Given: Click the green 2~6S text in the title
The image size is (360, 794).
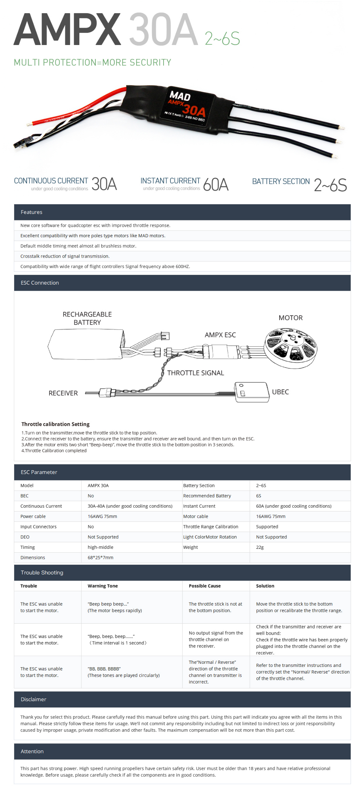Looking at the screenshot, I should point(222,38).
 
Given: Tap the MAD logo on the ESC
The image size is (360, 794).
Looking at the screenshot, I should point(180,96).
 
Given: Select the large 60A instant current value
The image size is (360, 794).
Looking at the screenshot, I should point(216,184).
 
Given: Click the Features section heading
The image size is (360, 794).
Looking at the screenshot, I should point(32,212).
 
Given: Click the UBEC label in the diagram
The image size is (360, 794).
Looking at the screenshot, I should point(280,392).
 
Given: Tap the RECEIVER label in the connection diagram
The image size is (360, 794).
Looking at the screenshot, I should point(63,393).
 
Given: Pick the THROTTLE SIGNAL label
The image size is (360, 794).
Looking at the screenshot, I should point(195,373).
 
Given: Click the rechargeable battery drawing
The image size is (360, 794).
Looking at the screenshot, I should point(86,344).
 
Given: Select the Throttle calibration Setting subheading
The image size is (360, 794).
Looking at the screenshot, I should point(55,424).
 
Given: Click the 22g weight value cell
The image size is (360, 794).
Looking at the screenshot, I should point(260,547).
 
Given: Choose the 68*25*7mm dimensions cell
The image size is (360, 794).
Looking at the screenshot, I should point(100,557).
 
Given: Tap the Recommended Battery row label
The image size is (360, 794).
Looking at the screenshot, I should point(207,496).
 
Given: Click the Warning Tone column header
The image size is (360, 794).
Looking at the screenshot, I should point(103,586).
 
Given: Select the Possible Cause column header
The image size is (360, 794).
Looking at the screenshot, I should point(204,586).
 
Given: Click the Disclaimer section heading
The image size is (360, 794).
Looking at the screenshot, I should point(33,699).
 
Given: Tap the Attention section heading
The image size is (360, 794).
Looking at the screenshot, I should point(32,751).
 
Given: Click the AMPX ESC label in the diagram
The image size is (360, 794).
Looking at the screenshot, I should point(220,335).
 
